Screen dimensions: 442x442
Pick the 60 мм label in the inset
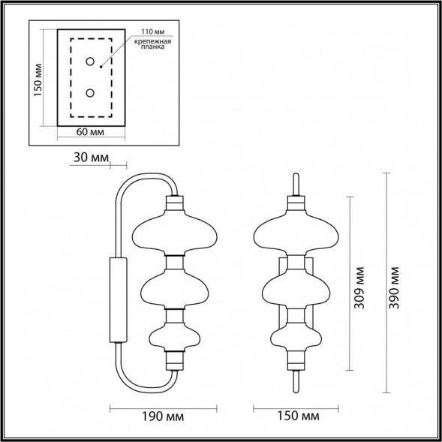coord(90,132)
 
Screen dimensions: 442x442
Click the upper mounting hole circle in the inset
coord(90,62)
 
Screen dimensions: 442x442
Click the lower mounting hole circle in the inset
coord(90,93)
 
